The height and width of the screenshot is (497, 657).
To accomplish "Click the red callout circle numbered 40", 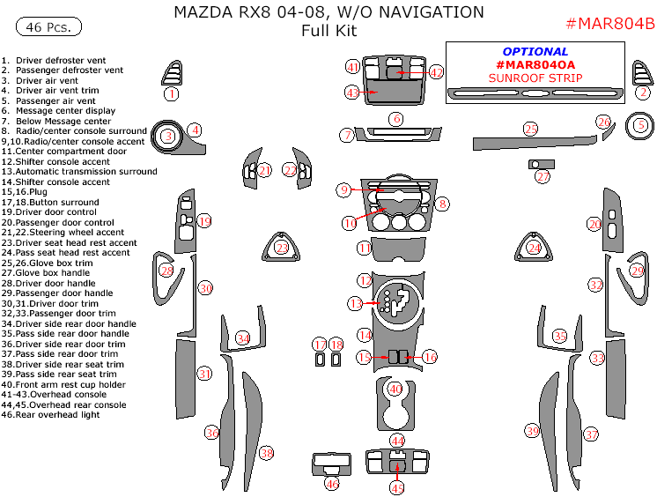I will tap(395, 389).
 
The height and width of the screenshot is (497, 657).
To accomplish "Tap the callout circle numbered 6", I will tap(397, 118).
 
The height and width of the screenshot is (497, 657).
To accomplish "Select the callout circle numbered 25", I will tap(530, 130).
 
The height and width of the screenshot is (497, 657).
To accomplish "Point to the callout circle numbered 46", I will tap(332, 483).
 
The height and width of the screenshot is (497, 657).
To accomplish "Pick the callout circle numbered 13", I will tap(355, 303).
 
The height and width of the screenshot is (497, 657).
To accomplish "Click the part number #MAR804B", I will tap(609, 22).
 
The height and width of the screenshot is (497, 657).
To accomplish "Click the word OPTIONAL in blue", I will tap(535, 52).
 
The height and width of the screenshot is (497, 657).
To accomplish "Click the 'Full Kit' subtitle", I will tap(328, 32).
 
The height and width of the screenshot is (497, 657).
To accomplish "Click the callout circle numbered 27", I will tap(543, 176).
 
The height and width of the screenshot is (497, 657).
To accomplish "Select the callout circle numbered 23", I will tap(282, 248).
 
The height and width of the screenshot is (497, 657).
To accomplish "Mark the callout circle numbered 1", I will tap(172, 93).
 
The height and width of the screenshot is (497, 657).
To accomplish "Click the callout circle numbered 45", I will tap(397, 487).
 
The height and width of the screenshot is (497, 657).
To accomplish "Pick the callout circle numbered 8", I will tap(442, 204).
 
